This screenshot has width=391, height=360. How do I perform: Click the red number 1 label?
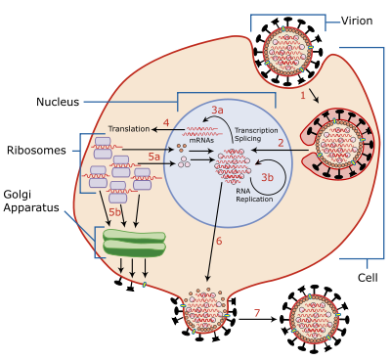tap(303, 95)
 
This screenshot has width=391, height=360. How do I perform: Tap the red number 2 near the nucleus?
tap(281, 143)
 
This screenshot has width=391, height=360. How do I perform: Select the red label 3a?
tap(217, 111)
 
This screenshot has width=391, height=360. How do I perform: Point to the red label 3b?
tap(267, 178)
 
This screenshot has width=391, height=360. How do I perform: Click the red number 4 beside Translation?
tap(166, 123)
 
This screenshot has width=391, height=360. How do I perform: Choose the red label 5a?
tap(153, 157)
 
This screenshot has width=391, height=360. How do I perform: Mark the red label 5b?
tap(114, 212)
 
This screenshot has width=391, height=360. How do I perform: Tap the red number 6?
tap(218, 241)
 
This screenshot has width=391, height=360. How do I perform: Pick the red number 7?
tap(257, 313)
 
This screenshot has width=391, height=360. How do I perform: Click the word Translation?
tap(129, 129)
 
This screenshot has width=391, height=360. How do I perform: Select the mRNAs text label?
tap(201, 140)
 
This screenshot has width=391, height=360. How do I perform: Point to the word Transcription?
tap(256, 130)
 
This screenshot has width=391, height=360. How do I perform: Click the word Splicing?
tap(249, 140)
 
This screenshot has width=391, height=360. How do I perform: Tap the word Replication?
tap(253, 200)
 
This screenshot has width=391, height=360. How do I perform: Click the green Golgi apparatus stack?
tap(134, 244)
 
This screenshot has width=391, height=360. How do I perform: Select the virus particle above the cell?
tap(287, 52)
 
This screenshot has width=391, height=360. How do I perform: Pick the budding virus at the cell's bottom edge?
tap(205, 310)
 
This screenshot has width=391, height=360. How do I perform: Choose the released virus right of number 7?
tap(315, 319)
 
